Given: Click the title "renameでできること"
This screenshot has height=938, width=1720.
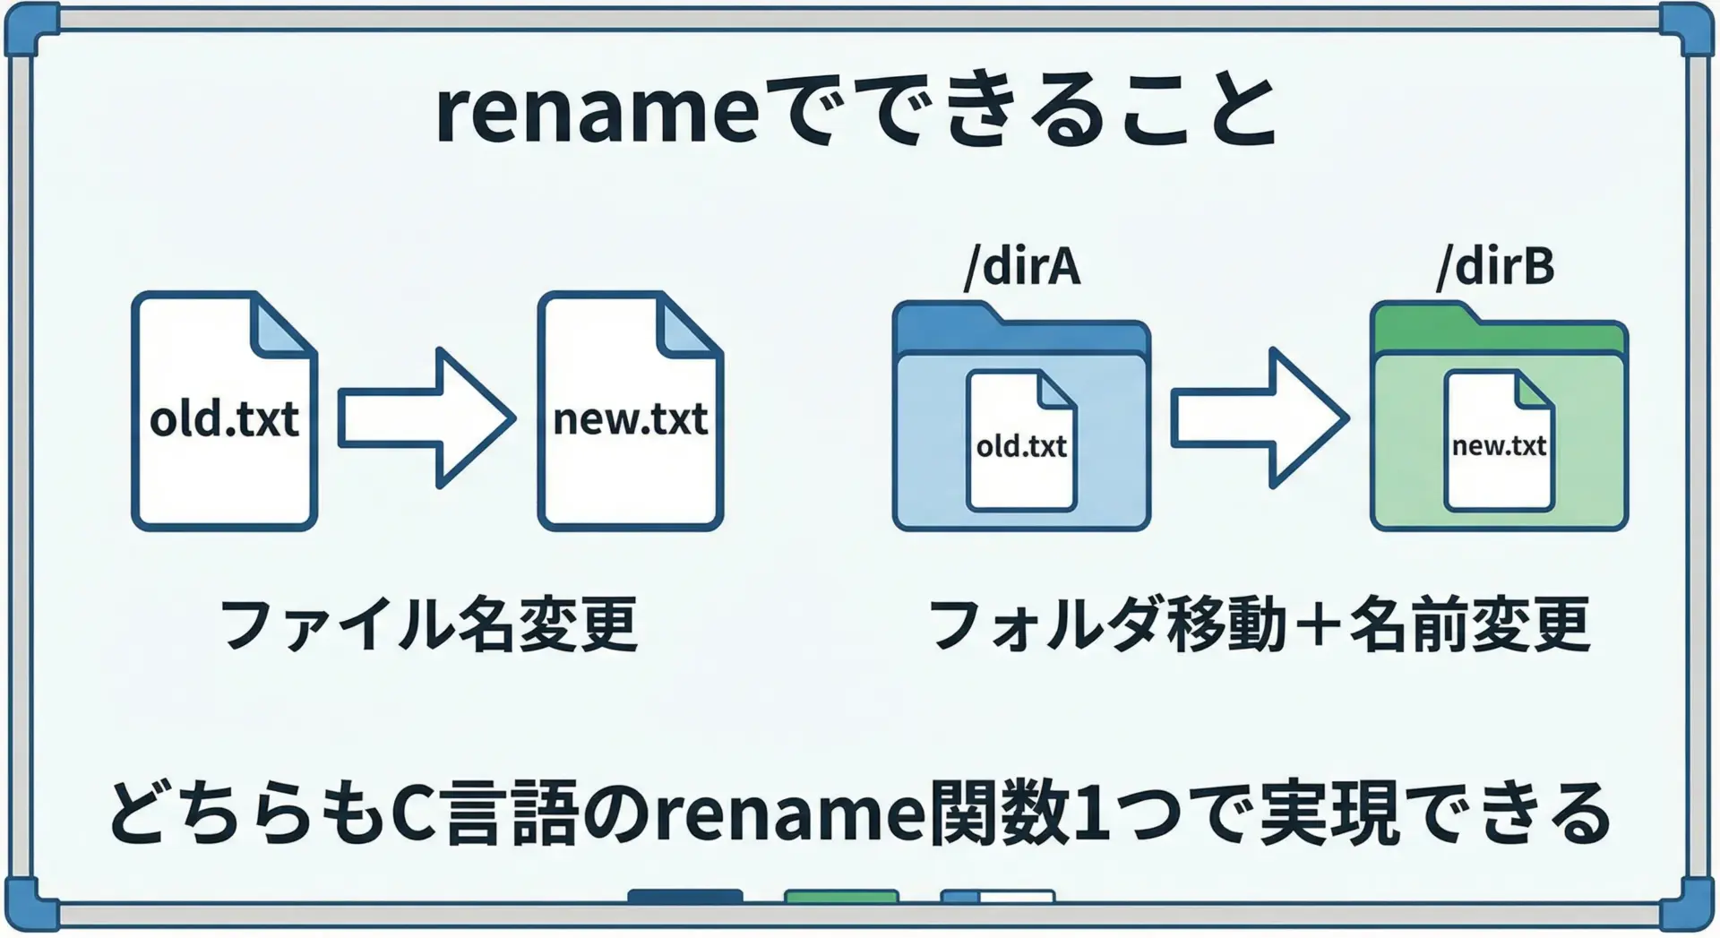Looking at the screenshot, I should click(x=856, y=111).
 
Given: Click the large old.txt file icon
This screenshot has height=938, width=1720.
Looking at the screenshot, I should click(x=224, y=412).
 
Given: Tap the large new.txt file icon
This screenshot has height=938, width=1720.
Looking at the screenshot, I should click(x=630, y=412).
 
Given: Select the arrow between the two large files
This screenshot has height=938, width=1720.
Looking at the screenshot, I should click(x=426, y=417).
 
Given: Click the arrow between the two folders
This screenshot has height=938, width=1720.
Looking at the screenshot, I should click(x=1259, y=417).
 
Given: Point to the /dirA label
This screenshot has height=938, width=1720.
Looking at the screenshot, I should click(x=1022, y=266).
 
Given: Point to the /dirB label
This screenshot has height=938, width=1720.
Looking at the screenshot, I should click(x=1495, y=266).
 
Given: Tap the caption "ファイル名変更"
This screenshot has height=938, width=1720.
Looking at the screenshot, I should click(x=428, y=624).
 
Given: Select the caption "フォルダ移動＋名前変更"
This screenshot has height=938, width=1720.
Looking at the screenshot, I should click(x=1259, y=624).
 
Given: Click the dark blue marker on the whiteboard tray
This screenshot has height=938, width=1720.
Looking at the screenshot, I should click(x=685, y=896).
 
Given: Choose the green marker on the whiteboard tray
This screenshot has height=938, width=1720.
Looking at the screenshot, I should click(x=841, y=896).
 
